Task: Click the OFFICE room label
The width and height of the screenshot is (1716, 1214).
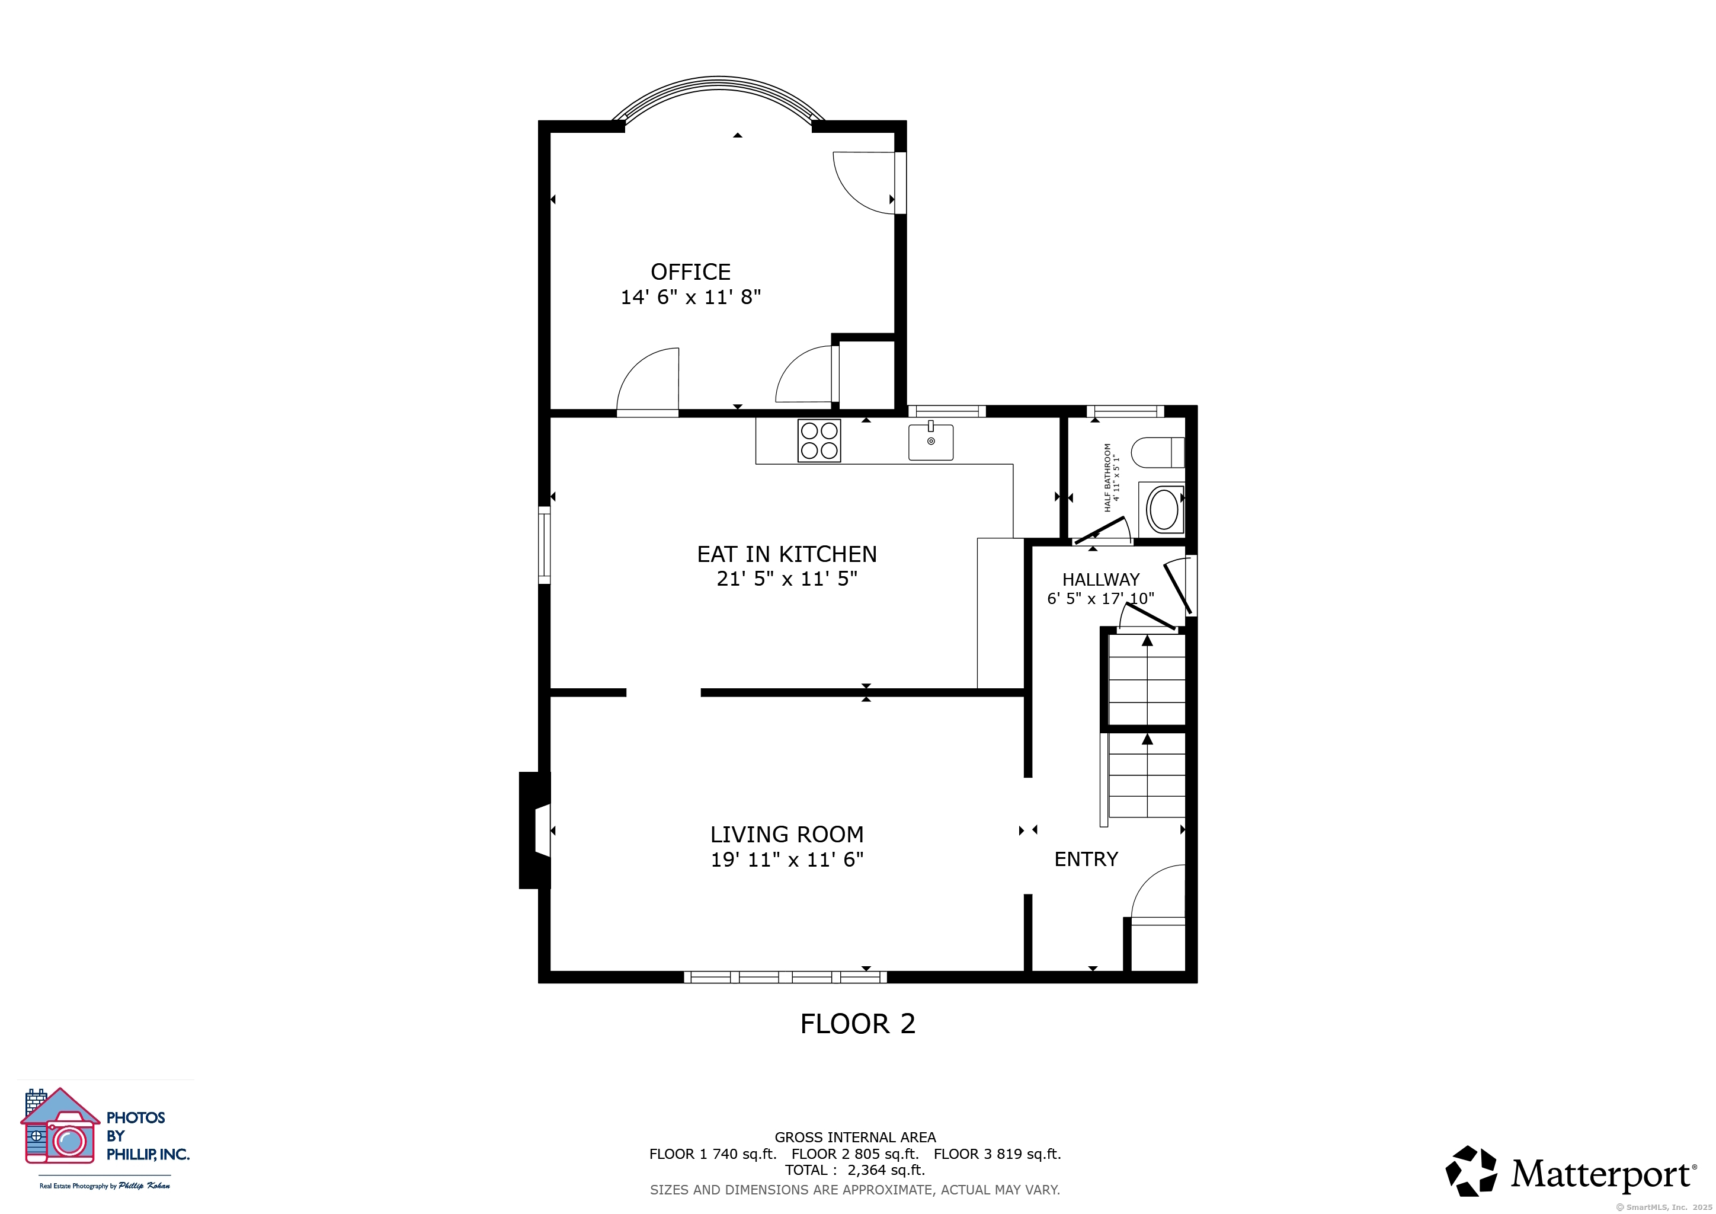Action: (690, 271)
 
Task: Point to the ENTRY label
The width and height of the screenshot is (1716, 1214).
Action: (1086, 860)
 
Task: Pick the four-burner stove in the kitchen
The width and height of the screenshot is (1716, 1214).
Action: (819, 440)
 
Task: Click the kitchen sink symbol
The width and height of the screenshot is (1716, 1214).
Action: (930, 441)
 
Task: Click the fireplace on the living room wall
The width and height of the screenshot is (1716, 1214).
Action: (535, 830)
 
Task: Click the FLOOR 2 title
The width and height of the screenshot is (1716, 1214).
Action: (857, 1023)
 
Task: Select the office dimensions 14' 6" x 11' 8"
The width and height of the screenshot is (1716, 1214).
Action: (690, 298)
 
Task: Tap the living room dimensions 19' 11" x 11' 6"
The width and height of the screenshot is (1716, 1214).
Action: (787, 860)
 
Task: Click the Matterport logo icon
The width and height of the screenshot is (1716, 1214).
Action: (1471, 1171)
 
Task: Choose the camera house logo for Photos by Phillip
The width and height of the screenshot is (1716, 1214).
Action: (60, 1126)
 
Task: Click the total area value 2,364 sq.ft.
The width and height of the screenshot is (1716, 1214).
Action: (886, 1170)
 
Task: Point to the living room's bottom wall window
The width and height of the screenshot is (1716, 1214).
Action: (786, 977)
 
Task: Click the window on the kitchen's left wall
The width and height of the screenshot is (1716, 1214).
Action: (544, 545)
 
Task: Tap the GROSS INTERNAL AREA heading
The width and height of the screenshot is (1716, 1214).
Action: (855, 1137)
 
